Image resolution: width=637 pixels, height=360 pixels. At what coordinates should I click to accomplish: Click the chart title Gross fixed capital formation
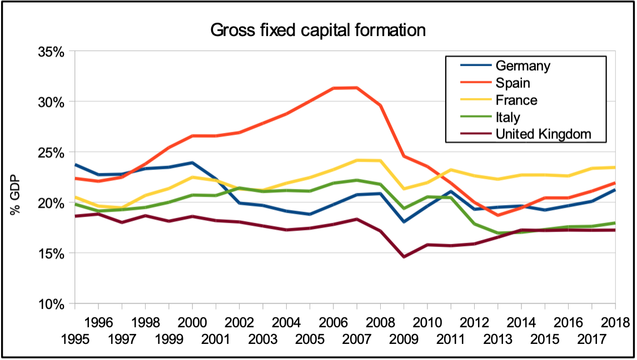[x=318, y=30]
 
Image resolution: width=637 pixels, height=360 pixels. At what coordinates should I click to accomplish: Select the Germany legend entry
[x=522, y=66]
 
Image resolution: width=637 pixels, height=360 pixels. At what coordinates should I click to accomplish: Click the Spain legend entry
[x=512, y=83]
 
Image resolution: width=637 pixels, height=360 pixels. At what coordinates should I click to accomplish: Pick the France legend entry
[x=516, y=101]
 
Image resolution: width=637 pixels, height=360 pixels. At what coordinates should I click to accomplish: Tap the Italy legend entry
[x=507, y=117]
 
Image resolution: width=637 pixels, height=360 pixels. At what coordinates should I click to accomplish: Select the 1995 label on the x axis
[x=74, y=338]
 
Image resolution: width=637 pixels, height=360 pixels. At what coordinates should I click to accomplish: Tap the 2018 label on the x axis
[x=615, y=322]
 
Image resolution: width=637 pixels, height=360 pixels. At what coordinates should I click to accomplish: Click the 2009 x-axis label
[x=404, y=338]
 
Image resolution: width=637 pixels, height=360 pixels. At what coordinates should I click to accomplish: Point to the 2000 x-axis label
[x=192, y=322]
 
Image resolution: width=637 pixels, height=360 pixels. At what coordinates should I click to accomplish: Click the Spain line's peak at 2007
[x=357, y=87]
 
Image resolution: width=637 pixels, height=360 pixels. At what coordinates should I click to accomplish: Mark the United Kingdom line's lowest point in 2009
[x=404, y=257]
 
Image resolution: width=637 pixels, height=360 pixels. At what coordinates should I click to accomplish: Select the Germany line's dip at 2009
[x=404, y=222]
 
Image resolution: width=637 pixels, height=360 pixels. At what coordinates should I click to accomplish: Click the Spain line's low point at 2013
[x=498, y=215]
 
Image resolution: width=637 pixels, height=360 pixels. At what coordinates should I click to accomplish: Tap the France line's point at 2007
[x=357, y=160]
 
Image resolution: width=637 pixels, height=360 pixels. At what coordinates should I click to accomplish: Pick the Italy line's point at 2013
[x=498, y=233]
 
